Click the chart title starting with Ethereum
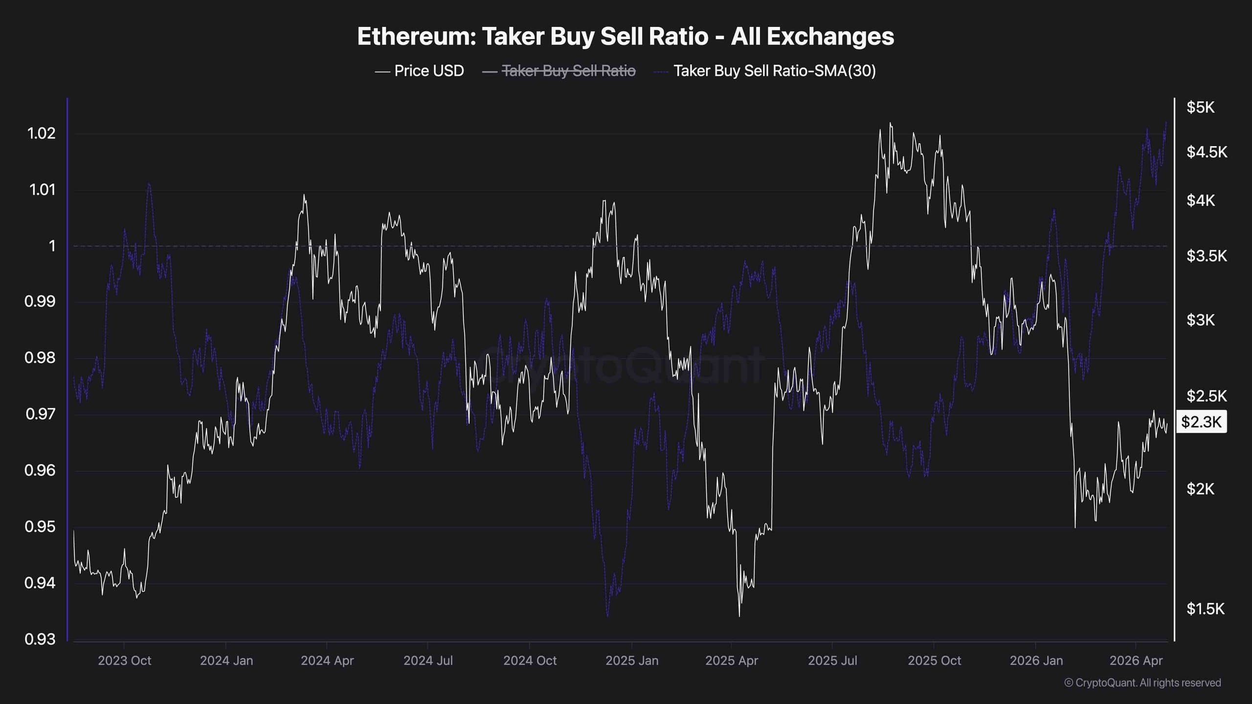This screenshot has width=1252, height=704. [x=626, y=36]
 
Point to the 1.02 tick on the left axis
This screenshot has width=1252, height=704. [x=42, y=133]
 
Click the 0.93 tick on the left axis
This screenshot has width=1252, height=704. [x=40, y=639]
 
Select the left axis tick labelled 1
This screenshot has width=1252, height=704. [x=52, y=246]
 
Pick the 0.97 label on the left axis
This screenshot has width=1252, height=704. [x=40, y=414]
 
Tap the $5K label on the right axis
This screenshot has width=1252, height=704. [x=1200, y=107]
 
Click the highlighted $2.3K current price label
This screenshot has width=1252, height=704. [x=1201, y=421]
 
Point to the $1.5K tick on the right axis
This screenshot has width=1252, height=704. [x=1205, y=609]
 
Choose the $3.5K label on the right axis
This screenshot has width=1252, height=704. [x=1206, y=255]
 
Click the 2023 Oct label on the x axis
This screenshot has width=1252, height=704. [x=124, y=660]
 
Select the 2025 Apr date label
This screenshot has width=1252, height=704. [x=731, y=660]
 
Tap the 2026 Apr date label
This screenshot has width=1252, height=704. [x=1136, y=660]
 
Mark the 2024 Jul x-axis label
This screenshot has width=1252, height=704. [x=428, y=660]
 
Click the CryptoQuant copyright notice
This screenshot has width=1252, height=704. [x=1142, y=682]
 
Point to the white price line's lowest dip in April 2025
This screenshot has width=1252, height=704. [x=739, y=616]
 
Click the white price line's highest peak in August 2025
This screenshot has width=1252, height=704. [x=890, y=123]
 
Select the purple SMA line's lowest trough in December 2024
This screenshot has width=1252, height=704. [x=607, y=616]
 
